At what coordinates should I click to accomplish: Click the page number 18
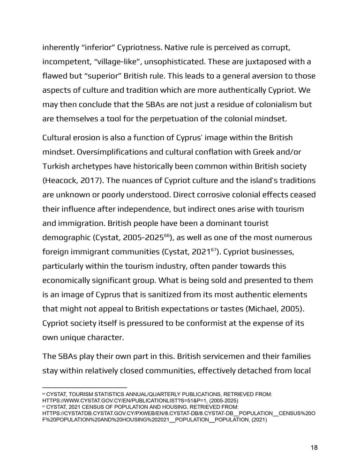click(314, 448)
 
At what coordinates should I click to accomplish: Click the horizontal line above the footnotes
click(84, 388)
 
